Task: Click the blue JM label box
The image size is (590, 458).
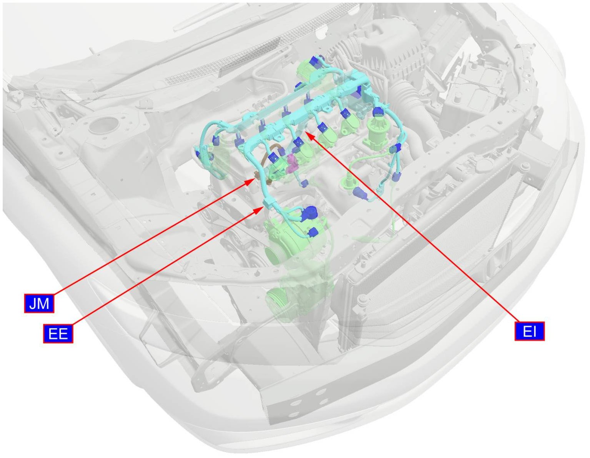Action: point(39,303)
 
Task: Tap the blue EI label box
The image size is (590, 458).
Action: point(530,331)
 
